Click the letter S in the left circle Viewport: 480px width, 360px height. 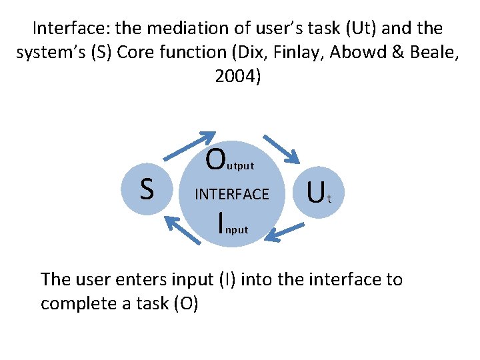pyautogui.click(x=147, y=188)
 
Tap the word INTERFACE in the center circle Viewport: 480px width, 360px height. pyautogui.click(x=231, y=194)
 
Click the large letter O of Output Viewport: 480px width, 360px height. pyautogui.click(x=215, y=159)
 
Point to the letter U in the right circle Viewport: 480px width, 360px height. pyautogui.click(x=316, y=193)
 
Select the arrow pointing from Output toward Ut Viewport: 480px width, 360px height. pyautogui.click(x=281, y=149)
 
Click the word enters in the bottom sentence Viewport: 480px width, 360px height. pyautogui.click(x=141, y=279)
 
